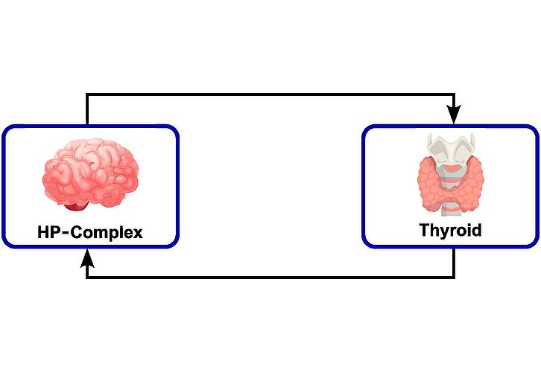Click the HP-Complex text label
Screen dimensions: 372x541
(89, 232)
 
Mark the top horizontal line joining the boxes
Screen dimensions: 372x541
(268, 94)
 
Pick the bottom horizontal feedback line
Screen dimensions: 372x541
(268, 278)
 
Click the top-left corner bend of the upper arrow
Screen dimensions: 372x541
(87, 94)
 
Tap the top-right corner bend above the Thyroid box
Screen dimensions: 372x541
(454, 94)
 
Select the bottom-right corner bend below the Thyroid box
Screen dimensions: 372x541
(454, 278)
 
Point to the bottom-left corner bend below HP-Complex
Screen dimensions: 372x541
(87, 278)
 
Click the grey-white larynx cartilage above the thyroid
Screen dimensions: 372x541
(449, 149)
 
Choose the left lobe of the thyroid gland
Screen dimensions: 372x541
(431, 182)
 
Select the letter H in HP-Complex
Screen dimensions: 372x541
(44, 232)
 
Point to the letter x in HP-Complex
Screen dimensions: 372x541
(136, 233)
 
